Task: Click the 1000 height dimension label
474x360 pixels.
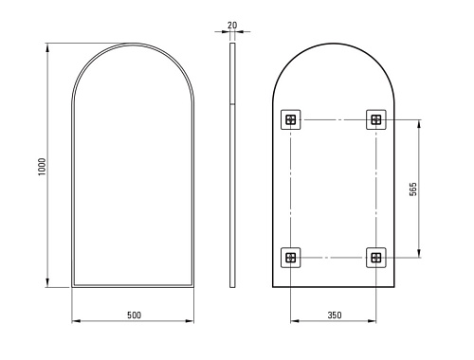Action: pyautogui.click(x=42, y=167)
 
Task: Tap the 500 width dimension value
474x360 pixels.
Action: pyautogui.click(x=135, y=315)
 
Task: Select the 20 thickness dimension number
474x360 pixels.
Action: pyautogui.click(x=232, y=25)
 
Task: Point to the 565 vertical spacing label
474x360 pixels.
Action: pyautogui.click(x=413, y=189)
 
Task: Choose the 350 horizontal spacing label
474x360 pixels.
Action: pyautogui.click(x=335, y=315)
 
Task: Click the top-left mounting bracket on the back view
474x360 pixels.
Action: pyautogui.click(x=291, y=119)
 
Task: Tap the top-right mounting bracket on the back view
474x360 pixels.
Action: pyautogui.click(x=376, y=119)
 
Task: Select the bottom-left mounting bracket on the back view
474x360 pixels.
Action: pyautogui.click(x=291, y=258)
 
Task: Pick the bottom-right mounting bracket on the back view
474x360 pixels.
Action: pyautogui.click(x=376, y=258)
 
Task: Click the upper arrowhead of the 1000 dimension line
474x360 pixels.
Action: pyautogui.click(x=47, y=47)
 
